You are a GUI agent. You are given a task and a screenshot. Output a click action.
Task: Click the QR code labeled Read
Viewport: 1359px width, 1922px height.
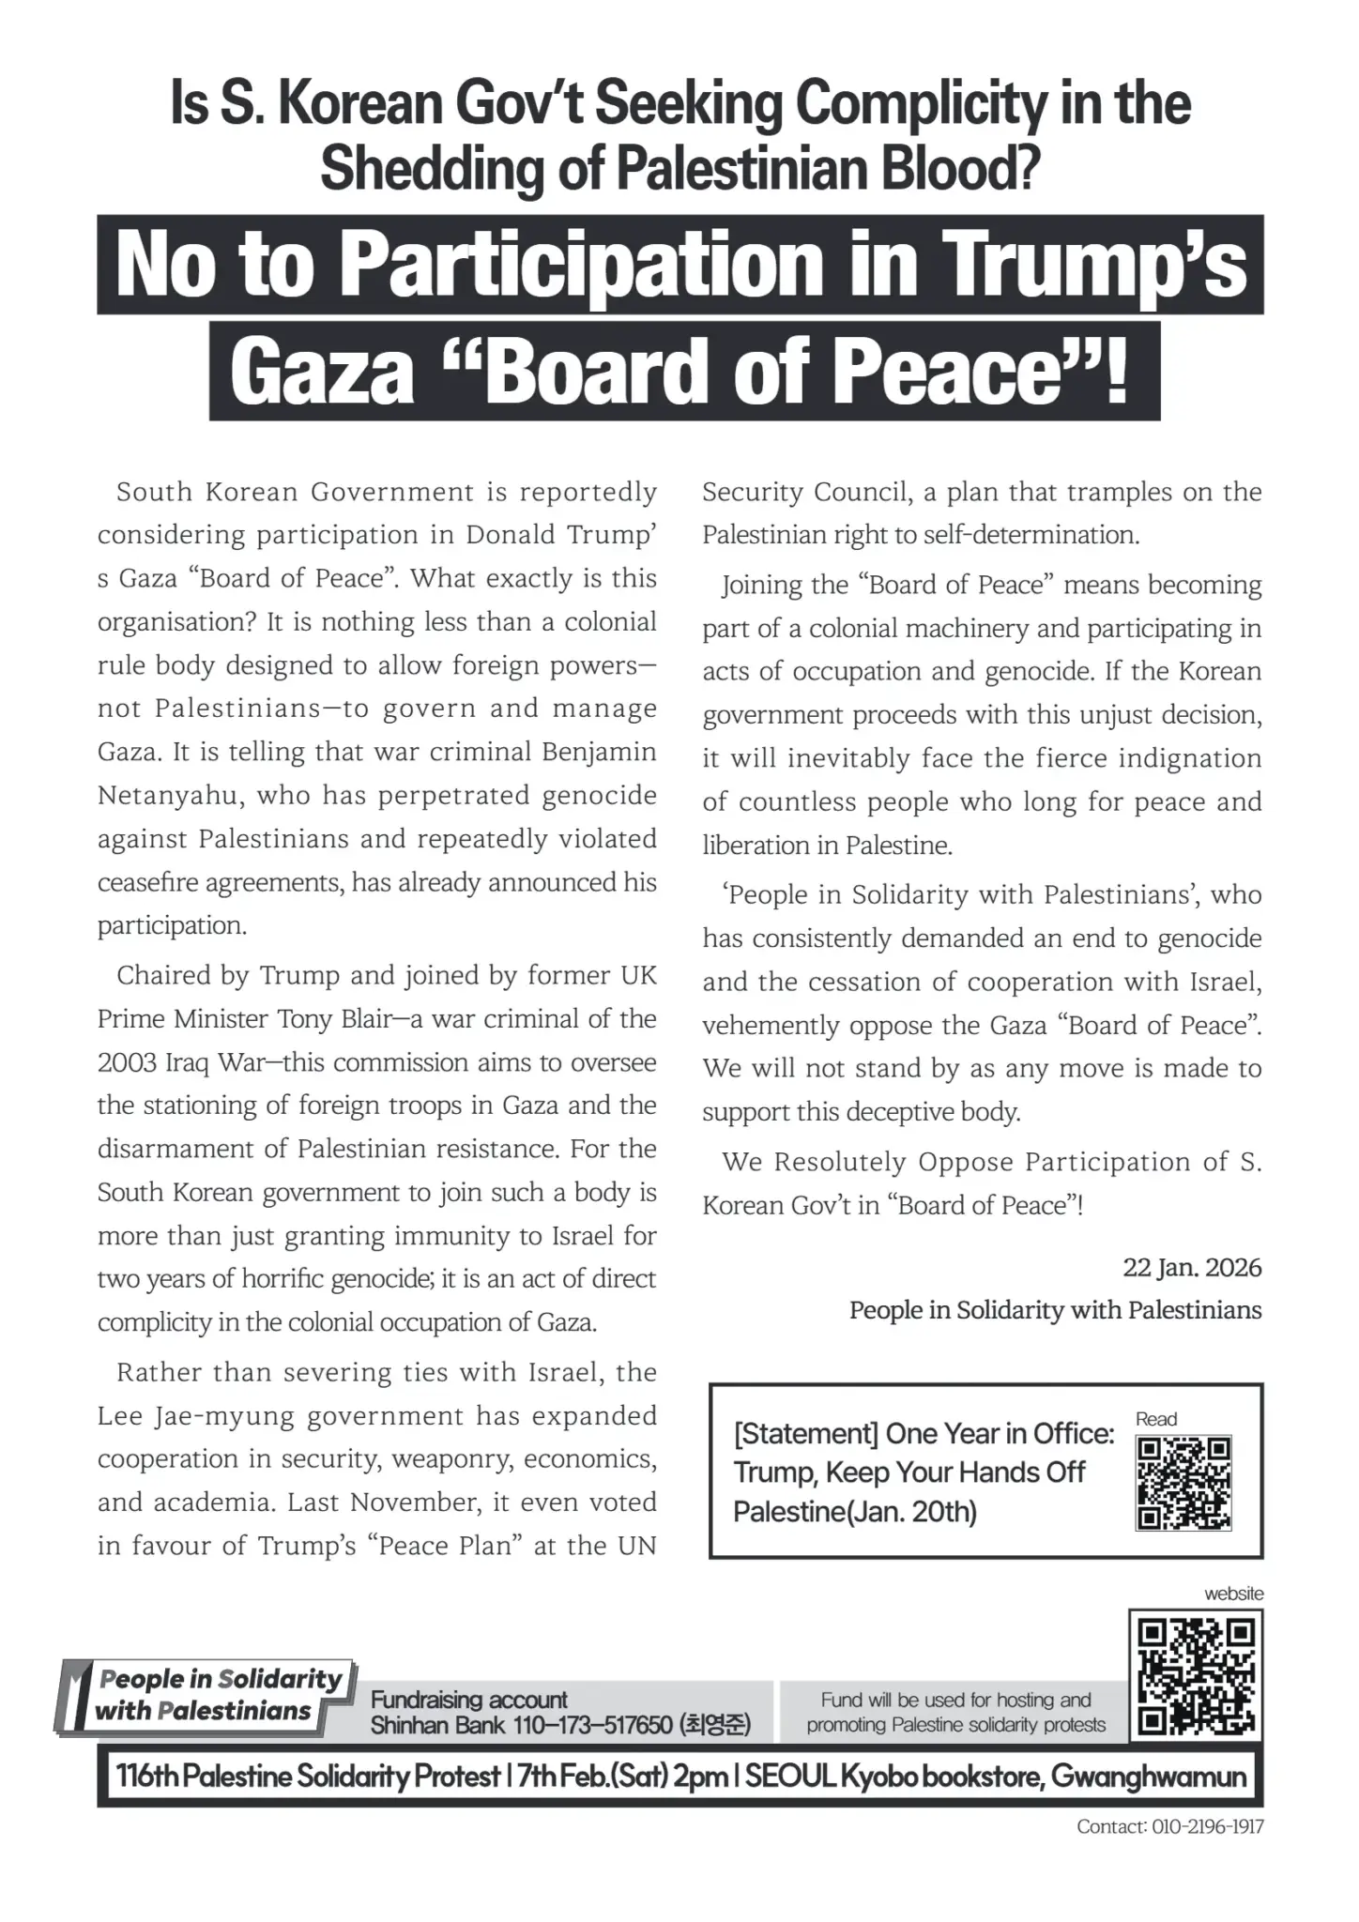point(1183,1483)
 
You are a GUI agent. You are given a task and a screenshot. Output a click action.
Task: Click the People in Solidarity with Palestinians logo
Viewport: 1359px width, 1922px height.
point(206,1695)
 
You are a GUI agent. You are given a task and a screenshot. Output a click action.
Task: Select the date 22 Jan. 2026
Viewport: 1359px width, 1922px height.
point(1192,1268)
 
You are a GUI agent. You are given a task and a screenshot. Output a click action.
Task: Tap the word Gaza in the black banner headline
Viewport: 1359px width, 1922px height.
point(322,372)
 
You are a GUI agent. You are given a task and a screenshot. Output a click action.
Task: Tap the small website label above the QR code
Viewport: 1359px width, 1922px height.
point(1234,1594)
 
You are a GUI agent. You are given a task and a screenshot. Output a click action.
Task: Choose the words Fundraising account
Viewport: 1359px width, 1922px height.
point(468,1700)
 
